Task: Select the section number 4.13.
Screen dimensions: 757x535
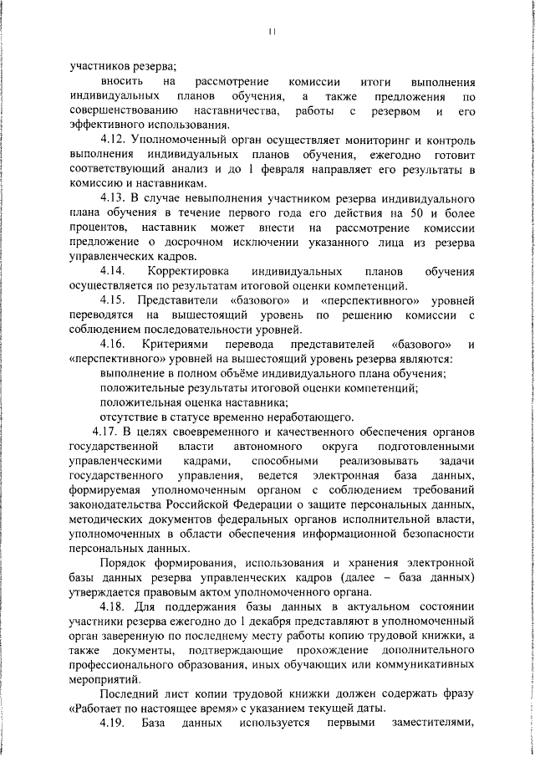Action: click(114, 198)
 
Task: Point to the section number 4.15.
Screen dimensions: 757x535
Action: click(114, 300)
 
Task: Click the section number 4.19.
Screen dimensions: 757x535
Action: click(113, 721)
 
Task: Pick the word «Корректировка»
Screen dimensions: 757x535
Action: click(189, 273)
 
